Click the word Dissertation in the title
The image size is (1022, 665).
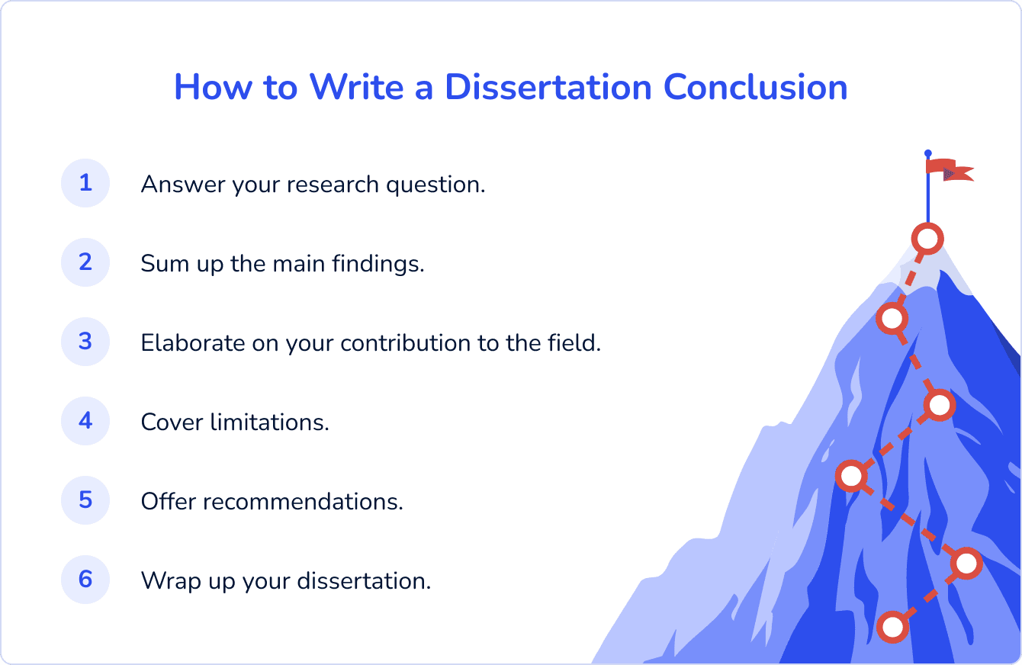click(548, 87)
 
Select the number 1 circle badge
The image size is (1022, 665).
click(85, 183)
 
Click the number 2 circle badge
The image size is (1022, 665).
click(85, 262)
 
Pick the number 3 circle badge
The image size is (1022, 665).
click(85, 342)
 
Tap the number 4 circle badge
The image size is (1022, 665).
click(85, 421)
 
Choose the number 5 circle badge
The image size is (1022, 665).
click(85, 500)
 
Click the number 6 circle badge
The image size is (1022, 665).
click(85, 580)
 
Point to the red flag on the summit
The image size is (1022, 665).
click(948, 169)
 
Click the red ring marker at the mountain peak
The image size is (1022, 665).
click(927, 239)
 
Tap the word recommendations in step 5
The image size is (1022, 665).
click(303, 502)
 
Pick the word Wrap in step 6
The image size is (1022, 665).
click(166, 581)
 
